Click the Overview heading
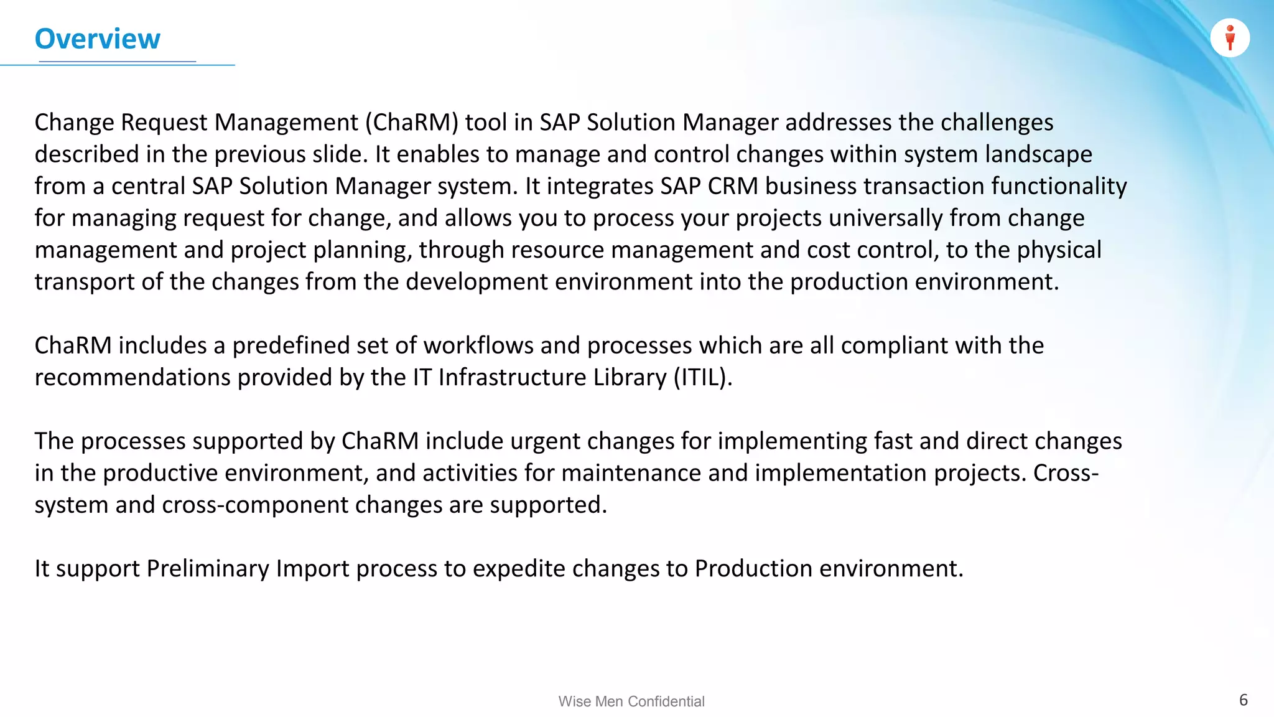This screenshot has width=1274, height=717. coord(98,39)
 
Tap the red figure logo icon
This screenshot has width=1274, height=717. coord(1230,38)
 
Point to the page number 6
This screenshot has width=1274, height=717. coord(1243,700)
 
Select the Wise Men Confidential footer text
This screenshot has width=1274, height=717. coord(631,701)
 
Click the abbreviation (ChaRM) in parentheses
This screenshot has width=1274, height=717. coord(412,123)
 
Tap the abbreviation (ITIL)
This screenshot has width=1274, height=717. coord(702,377)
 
